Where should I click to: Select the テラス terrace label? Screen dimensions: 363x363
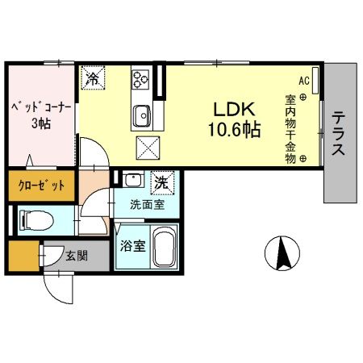(x=340, y=134)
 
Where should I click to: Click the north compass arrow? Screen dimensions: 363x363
(x=282, y=252)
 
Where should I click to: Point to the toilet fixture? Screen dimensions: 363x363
(x=32, y=218)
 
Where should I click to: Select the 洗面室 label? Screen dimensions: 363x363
(x=148, y=205)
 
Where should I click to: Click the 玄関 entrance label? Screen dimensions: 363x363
(x=77, y=257)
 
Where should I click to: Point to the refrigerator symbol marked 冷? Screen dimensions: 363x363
(x=93, y=77)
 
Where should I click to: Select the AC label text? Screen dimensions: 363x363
(x=304, y=81)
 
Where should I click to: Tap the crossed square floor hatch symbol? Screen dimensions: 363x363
(x=148, y=148)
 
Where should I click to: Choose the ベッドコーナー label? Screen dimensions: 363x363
(x=40, y=106)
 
